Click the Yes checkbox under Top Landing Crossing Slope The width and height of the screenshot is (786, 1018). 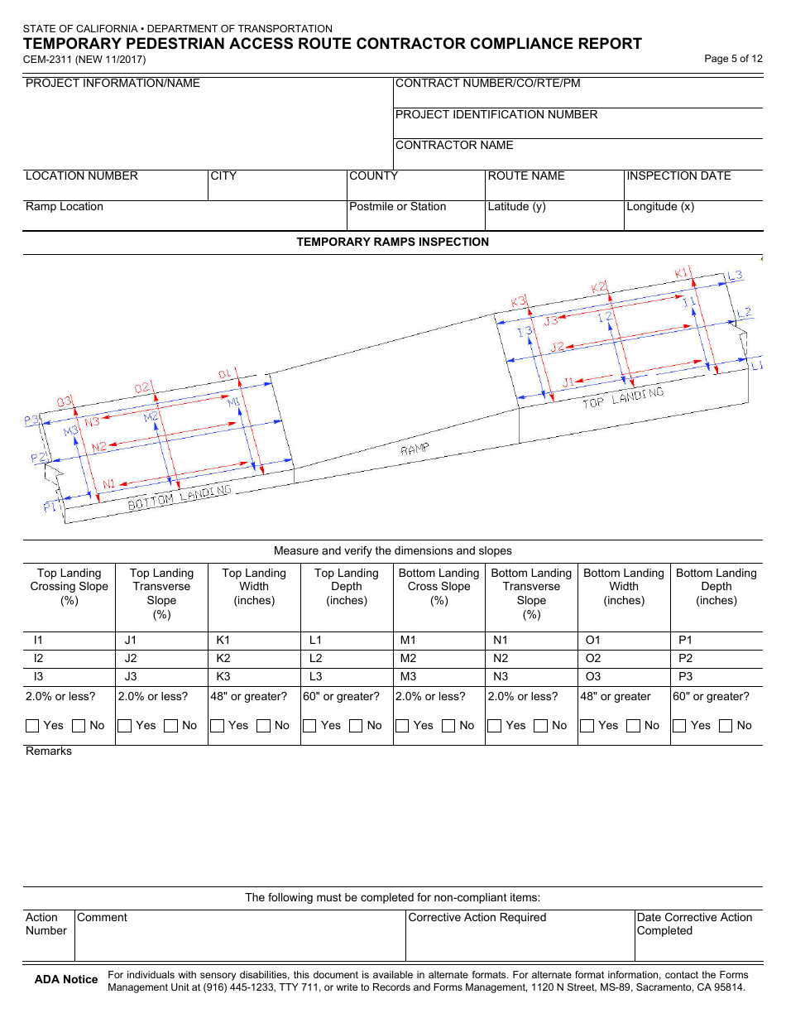coord(33,726)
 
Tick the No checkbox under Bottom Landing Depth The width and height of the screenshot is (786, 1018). coord(726,726)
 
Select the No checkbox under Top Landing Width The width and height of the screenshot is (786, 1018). coord(263,726)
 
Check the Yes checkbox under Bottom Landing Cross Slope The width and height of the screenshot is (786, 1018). coord(403,726)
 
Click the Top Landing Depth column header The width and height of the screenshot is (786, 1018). coord(347,587)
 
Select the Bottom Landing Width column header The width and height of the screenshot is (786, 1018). coord(624,587)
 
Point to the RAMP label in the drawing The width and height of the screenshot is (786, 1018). coord(415,449)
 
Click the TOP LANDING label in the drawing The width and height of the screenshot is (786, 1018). coord(623,398)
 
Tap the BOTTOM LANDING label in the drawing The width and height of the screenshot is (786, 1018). coord(179,497)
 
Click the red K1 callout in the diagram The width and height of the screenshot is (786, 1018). coord(682,273)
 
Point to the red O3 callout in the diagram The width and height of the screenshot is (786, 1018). coord(65,402)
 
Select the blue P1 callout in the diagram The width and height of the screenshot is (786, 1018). coord(51,507)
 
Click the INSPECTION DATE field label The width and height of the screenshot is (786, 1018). coord(678,176)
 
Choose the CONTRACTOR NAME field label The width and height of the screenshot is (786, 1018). coord(454,146)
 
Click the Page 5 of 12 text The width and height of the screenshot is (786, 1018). coord(733,59)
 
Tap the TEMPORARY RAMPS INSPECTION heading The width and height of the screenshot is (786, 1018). coord(393,242)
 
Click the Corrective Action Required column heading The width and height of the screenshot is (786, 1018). coord(477,918)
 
